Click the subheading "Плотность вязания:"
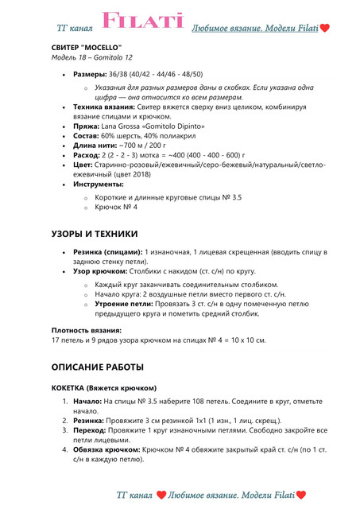87,329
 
